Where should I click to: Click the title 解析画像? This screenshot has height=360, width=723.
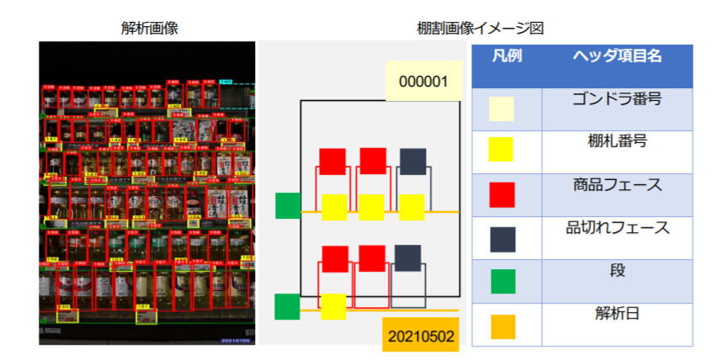(150, 28)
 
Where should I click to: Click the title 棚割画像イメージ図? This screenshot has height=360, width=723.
(481, 28)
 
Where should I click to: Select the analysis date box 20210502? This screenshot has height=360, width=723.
(421, 336)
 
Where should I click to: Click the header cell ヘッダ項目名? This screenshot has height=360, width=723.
(617, 56)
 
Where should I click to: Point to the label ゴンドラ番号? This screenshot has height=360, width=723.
(617, 98)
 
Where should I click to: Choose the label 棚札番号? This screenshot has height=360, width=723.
(617, 140)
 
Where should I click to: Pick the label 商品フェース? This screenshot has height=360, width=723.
(617, 183)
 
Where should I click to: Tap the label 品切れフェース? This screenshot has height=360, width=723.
(617, 227)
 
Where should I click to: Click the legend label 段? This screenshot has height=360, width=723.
(617, 271)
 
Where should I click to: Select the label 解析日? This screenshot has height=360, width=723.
(617, 314)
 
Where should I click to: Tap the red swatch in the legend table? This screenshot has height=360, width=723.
(502, 194)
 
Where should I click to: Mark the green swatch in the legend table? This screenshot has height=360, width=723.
(502, 281)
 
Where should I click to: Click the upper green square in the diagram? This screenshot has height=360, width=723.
(288, 205)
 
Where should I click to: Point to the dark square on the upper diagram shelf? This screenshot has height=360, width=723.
(412, 161)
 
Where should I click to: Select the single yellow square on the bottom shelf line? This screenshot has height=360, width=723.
(333, 306)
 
